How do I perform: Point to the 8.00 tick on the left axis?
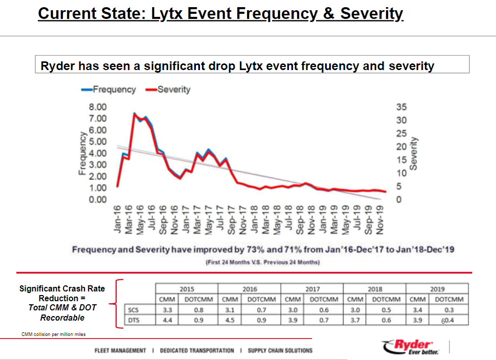(x=98, y=107)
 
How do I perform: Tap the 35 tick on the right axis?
(x=401, y=107)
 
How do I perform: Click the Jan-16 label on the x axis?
(x=118, y=219)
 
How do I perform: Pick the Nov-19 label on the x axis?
(x=379, y=219)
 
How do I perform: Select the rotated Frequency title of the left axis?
(x=82, y=153)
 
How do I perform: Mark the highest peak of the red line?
(x=134, y=114)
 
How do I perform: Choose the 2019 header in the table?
(x=437, y=289)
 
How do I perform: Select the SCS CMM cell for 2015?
(x=166, y=310)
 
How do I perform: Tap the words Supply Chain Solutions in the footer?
(x=280, y=351)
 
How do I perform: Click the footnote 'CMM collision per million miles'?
(x=53, y=334)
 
